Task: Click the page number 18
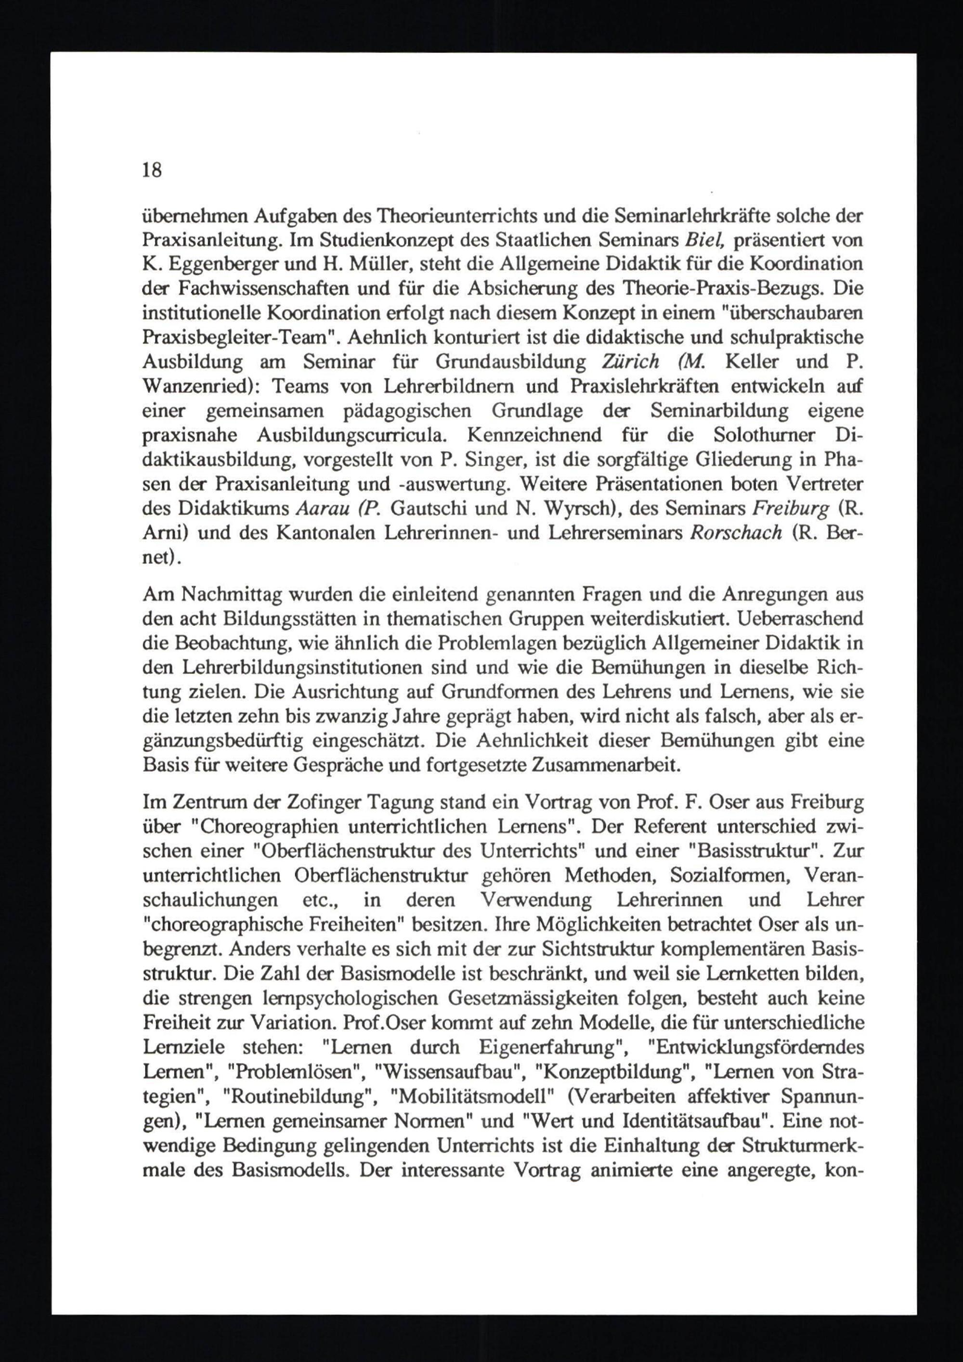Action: click(x=152, y=171)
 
